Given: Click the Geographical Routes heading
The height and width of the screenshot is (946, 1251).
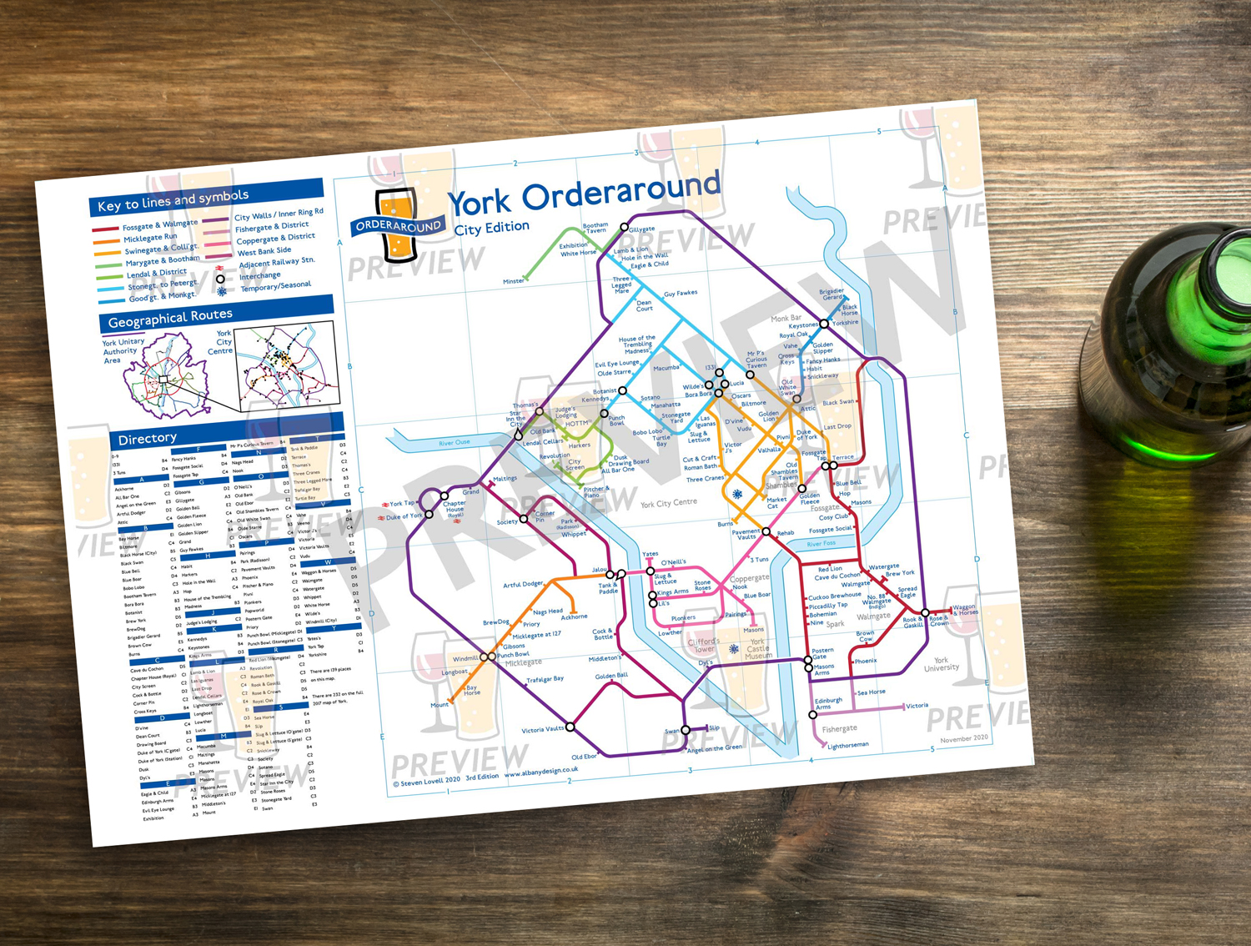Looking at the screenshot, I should pyautogui.click(x=170, y=317).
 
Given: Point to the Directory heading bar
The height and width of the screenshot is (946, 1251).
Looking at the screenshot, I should pyautogui.click(x=148, y=438).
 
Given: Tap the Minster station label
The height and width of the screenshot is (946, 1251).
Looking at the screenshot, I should pyautogui.click(x=513, y=281).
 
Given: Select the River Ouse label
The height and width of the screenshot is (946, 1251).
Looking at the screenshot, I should pyautogui.click(x=455, y=442).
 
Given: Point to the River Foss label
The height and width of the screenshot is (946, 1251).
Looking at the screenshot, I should pyautogui.click(x=821, y=543).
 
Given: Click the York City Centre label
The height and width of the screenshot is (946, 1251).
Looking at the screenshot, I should pyautogui.click(x=668, y=503).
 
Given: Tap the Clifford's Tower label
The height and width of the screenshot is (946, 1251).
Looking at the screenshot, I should pyautogui.click(x=704, y=645).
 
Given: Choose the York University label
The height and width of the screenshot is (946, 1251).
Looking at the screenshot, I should pyautogui.click(x=941, y=664).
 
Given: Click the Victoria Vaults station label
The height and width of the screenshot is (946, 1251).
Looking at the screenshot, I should pyautogui.click(x=542, y=730).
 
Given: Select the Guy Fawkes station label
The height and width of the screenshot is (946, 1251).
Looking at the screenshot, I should pyautogui.click(x=681, y=293).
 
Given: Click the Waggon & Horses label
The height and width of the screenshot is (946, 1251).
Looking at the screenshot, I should pyautogui.click(x=966, y=610).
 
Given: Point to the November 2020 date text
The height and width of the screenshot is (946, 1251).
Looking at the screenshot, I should pyautogui.click(x=963, y=738).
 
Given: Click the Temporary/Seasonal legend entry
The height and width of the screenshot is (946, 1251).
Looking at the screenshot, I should pyautogui.click(x=275, y=286).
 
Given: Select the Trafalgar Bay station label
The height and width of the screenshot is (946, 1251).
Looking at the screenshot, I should pyautogui.click(x=545, y=680).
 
